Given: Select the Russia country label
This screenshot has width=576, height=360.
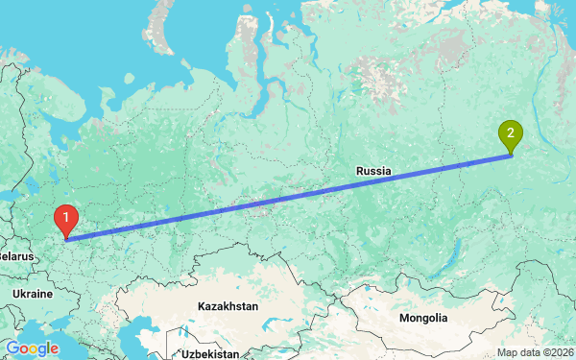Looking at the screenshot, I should click(373, 171).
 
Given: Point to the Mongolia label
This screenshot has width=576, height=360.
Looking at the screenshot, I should click(423, 318).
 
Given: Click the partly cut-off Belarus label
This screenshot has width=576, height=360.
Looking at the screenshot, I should click(15, 256).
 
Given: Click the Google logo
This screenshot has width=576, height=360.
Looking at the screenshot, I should click(32, 348).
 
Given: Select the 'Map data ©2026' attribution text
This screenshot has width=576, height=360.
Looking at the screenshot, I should click(535, 352).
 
